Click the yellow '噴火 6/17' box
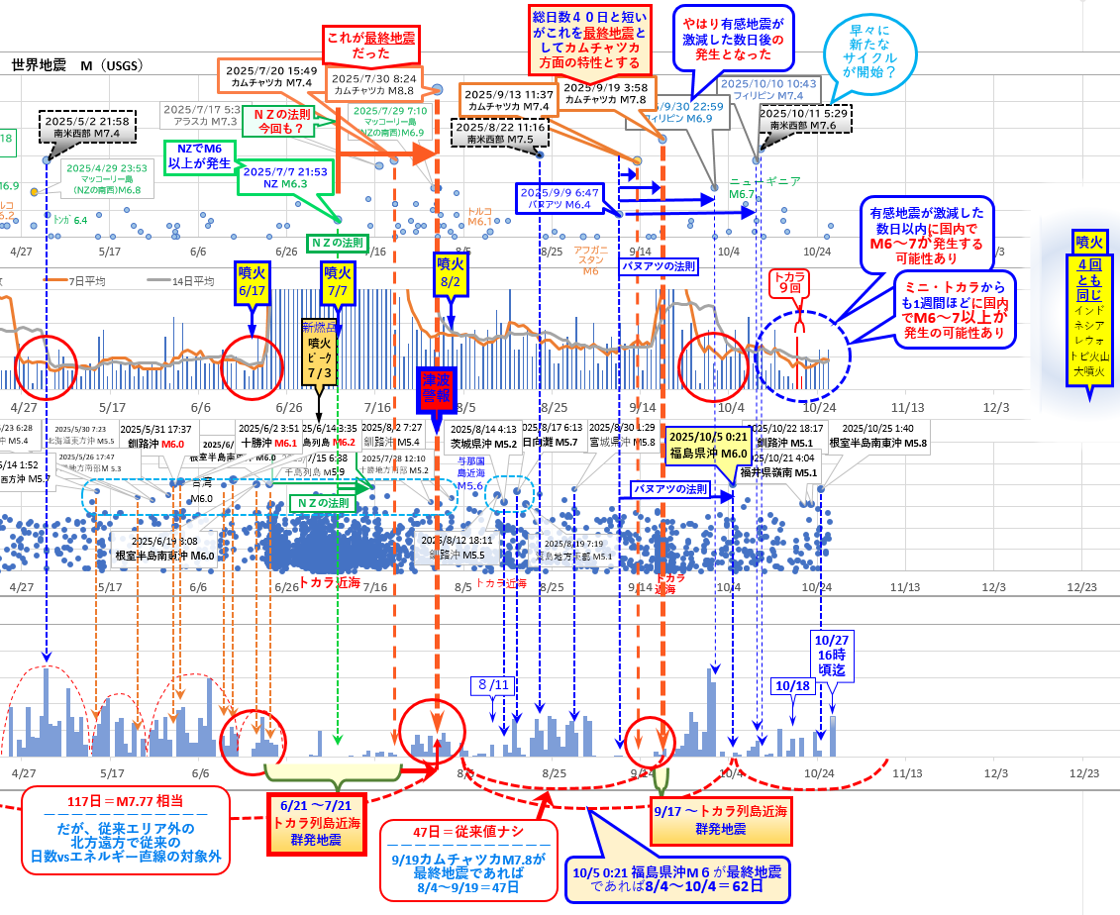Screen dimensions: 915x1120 (x=252, y=279)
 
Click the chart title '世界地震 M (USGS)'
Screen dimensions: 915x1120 (x=77, y=65)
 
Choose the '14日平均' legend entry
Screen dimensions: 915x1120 (x=188, y=281)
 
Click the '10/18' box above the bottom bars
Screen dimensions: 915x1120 (x=792, y=685)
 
